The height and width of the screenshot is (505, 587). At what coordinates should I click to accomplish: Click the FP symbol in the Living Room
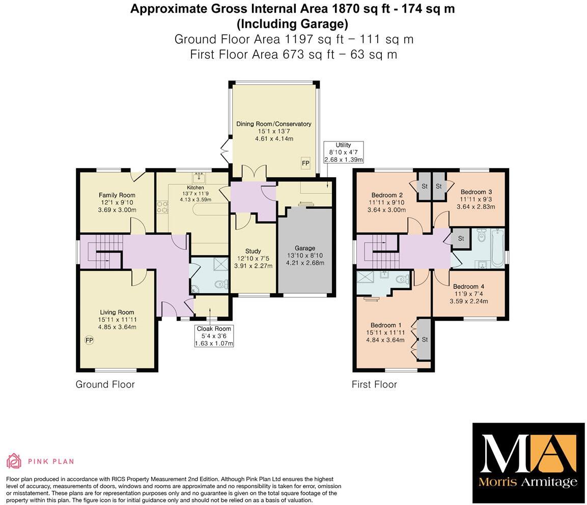[x=89, y=340]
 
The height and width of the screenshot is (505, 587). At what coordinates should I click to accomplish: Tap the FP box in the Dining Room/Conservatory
[x=305, y=163]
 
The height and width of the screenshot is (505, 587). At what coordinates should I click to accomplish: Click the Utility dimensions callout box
[x=344, y=152]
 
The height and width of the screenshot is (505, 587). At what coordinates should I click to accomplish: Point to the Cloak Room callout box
[x=215, y=336]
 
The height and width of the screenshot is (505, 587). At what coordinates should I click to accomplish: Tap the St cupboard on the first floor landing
[x=461, y=238]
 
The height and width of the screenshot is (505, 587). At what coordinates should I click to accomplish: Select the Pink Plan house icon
[x=14, y=461]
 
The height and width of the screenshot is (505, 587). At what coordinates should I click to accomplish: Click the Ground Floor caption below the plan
[x=105, y=384]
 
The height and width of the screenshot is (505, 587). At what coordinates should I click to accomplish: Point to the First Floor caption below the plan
[x=374, y=384]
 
